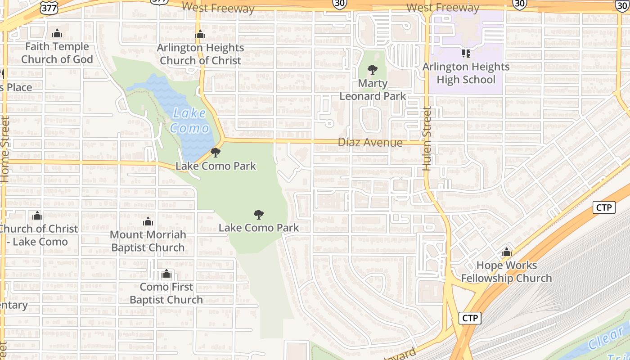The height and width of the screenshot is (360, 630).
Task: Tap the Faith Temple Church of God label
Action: click(57, 53)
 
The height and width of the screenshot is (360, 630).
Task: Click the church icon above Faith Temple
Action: click(57, 34)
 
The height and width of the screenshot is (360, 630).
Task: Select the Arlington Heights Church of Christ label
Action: click(201, 54)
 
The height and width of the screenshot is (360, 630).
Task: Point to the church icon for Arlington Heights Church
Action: click(200, 35)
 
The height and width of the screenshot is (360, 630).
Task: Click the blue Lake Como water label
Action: click(189, 120)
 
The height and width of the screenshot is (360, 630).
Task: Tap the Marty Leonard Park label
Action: click(373, 90)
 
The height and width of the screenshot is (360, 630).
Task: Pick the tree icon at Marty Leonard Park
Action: click(372, 70)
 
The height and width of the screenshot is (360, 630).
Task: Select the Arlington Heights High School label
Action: click(466, 73)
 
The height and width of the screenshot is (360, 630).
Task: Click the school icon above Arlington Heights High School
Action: click(466, 54)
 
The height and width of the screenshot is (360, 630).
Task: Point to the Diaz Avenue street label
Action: click(370, 143)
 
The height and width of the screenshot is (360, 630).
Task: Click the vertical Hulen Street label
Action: click(427, 138)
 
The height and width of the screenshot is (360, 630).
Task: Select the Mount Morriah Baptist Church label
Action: click(148, 241)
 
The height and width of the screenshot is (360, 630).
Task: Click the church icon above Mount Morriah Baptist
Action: click(148, 222)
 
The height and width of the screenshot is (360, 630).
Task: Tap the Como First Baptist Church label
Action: click(166, 293)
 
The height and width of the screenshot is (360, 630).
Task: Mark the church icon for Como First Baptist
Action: click(166, 274)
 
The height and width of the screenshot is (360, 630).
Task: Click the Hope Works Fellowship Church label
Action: click(506, 272)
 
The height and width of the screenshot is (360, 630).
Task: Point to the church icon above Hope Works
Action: click(507, 252)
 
